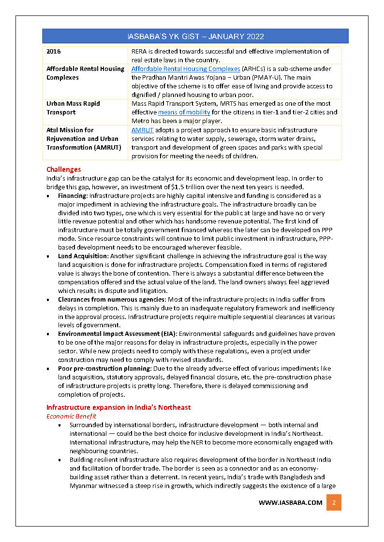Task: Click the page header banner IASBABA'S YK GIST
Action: [x=195, y=36]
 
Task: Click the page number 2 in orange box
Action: [x=334, y=502]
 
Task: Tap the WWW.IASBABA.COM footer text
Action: [x=290, y=502]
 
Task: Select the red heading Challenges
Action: [x=63, y=169]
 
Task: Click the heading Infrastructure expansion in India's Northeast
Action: [x=118, y=407]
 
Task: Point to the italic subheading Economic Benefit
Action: [x=71, y=416]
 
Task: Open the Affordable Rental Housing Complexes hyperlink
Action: [x=186, y=69]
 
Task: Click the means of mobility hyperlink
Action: [x=184, y=112]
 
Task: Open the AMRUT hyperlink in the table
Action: [x=142, y=130]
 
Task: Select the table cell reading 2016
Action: [x=54, y=52]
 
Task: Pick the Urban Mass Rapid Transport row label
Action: [x=74, y=108]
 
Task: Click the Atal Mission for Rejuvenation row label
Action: [x=84, y=139]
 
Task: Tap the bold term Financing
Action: [x=72, y=196]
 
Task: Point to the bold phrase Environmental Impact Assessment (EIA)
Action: [x=118, y=334]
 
